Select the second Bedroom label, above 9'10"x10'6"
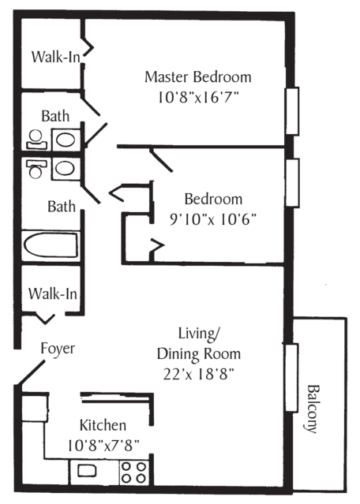point(213,199)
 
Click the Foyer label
point(58,349)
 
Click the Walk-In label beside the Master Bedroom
point(54,58)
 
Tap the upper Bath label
point(55,117)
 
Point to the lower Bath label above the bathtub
point(61,207)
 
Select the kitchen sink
point(85,471)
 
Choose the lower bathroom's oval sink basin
point(63,168)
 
